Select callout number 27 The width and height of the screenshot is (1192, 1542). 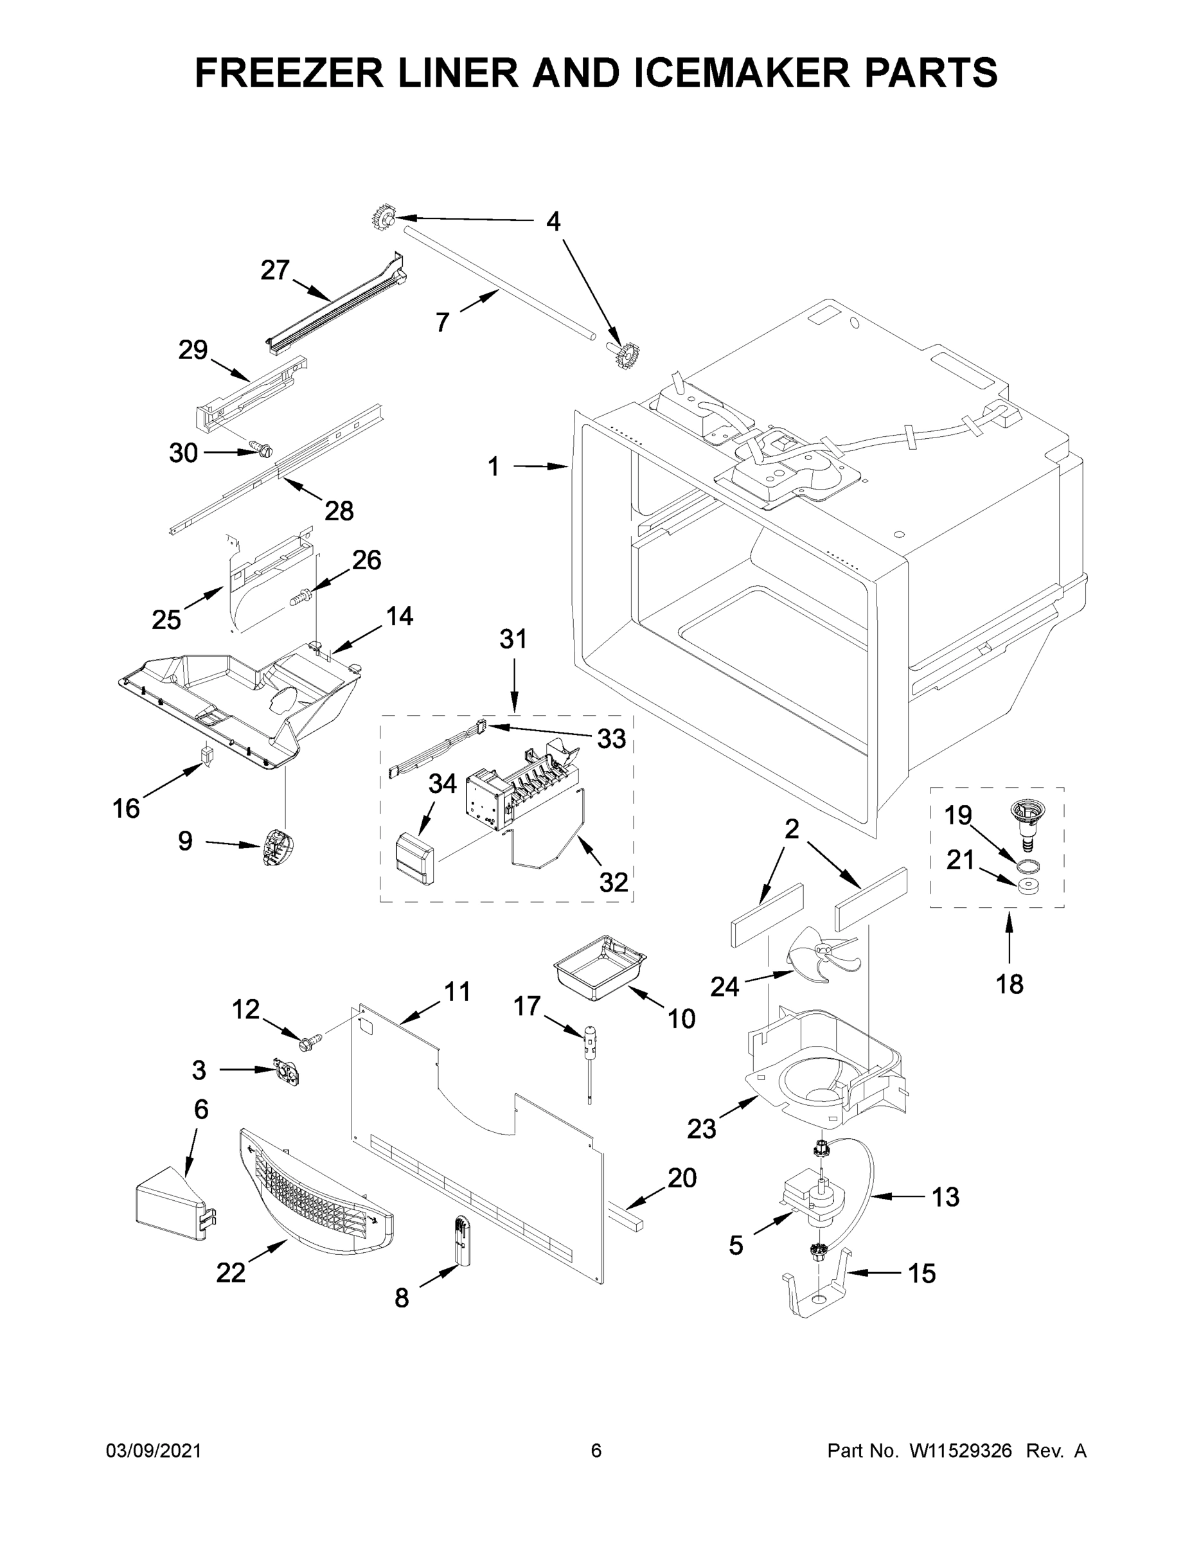274,270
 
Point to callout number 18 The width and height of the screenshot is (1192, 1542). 1009,984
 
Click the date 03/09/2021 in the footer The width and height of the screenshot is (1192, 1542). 154,1451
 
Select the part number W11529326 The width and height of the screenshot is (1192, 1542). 961,1451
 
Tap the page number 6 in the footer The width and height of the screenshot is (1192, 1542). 596,1451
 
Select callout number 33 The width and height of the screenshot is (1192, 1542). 612,738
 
